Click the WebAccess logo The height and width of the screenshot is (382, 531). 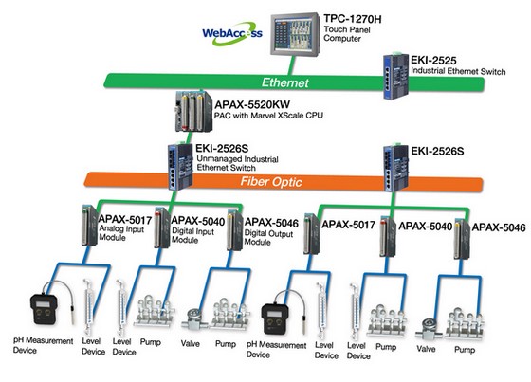pos(232,33)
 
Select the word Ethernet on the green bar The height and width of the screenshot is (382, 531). pos(285,82)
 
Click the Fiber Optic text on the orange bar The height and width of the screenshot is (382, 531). pos(271,182)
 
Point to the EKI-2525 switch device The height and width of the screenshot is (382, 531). pos(396,76)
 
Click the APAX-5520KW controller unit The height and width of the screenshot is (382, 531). pos(193,112)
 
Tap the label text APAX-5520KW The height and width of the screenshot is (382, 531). pos(252,104)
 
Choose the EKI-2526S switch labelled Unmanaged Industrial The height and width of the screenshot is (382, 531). pos(180,166)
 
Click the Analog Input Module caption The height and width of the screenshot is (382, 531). pos(121,233)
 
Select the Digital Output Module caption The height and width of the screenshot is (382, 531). pos(268,237)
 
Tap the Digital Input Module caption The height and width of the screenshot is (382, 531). pos(193,235)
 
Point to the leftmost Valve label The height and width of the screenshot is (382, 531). pos(190,344)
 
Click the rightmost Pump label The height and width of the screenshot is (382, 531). pos(465,350)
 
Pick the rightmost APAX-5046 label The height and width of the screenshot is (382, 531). pos(499,227)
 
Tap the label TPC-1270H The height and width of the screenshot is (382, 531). pos(353,19)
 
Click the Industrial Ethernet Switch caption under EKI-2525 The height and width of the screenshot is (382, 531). pos(458,71)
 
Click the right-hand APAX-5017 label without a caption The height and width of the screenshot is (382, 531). pos(349,225)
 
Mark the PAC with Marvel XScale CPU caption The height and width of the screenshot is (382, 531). pos(268,116)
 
